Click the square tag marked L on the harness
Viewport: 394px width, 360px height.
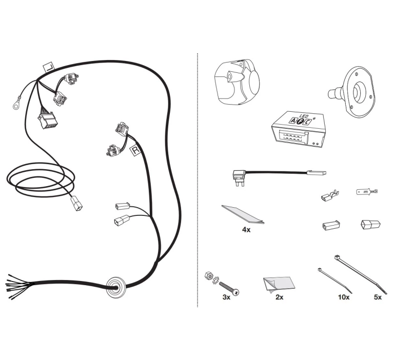[x=49, y=67]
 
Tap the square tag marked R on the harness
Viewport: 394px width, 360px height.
[x=135, y=150]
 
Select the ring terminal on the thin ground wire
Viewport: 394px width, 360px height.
[x=16, y=106]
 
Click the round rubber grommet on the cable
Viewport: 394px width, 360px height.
[x=116, y=288]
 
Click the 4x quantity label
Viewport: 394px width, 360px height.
[x=246, y=230]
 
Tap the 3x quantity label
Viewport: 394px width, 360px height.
[x=226, y=297]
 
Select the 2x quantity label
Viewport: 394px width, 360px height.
[x=280, y=297]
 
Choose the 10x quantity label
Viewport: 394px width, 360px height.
[x=344, y=297]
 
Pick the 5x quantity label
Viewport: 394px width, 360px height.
[x=378, y=297]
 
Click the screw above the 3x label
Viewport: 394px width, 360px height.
[x=229, y=288]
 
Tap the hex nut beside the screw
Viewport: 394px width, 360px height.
[x=208, y=275]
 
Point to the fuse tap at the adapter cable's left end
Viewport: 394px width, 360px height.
[x=239, y=178]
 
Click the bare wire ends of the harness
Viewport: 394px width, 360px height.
[x=19, y=286]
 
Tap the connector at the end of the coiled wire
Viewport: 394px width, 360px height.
[x=76, y=204]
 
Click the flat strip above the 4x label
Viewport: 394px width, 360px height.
[x=243, y=214]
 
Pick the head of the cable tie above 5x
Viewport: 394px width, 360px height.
[x=337, y=257]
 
